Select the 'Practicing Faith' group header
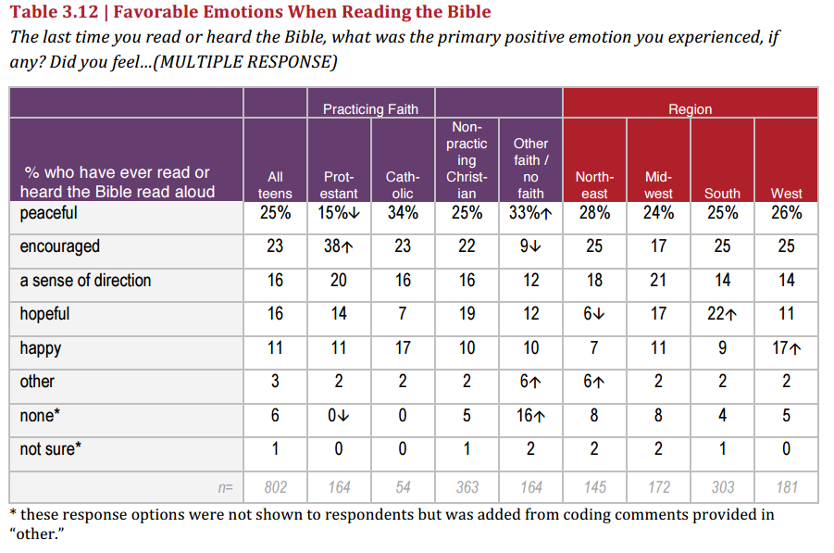(x=370, y=109)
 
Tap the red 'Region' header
(x=690, y=109)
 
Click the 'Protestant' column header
(x=339, y=184)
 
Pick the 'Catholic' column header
(x=403, y=184)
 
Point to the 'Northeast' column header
(x=594, y=184)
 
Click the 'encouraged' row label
(x=59, y=246)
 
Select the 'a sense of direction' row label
(x=85, y=281)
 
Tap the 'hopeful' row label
(x=44, y=314)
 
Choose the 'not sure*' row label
(x=51, y=449)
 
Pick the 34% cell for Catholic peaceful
(x=403, y=213)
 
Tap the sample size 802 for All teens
(x=275, y=486)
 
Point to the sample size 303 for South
(x=722, y=486)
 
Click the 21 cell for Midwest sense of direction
(x=658, y=281)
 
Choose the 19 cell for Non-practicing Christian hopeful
(x=467, y=314)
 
